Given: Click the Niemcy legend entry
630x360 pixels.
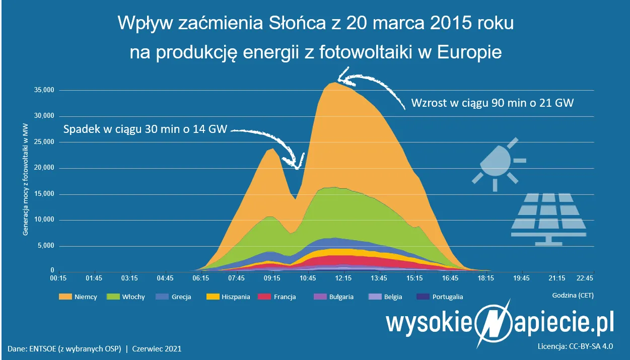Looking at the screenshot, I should click(78, 297).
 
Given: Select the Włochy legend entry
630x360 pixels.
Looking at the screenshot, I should click(126, 297).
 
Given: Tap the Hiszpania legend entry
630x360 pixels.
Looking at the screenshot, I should click(228, 297).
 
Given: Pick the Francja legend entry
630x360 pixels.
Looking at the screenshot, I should click(276, 297).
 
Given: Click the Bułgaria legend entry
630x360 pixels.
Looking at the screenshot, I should click(333, 297).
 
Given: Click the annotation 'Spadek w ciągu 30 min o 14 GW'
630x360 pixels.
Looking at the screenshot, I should click(145, 129).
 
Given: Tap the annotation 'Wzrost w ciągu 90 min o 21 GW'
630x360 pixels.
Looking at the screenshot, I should click(493, 103).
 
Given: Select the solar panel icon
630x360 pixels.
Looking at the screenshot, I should click(548, 219).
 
